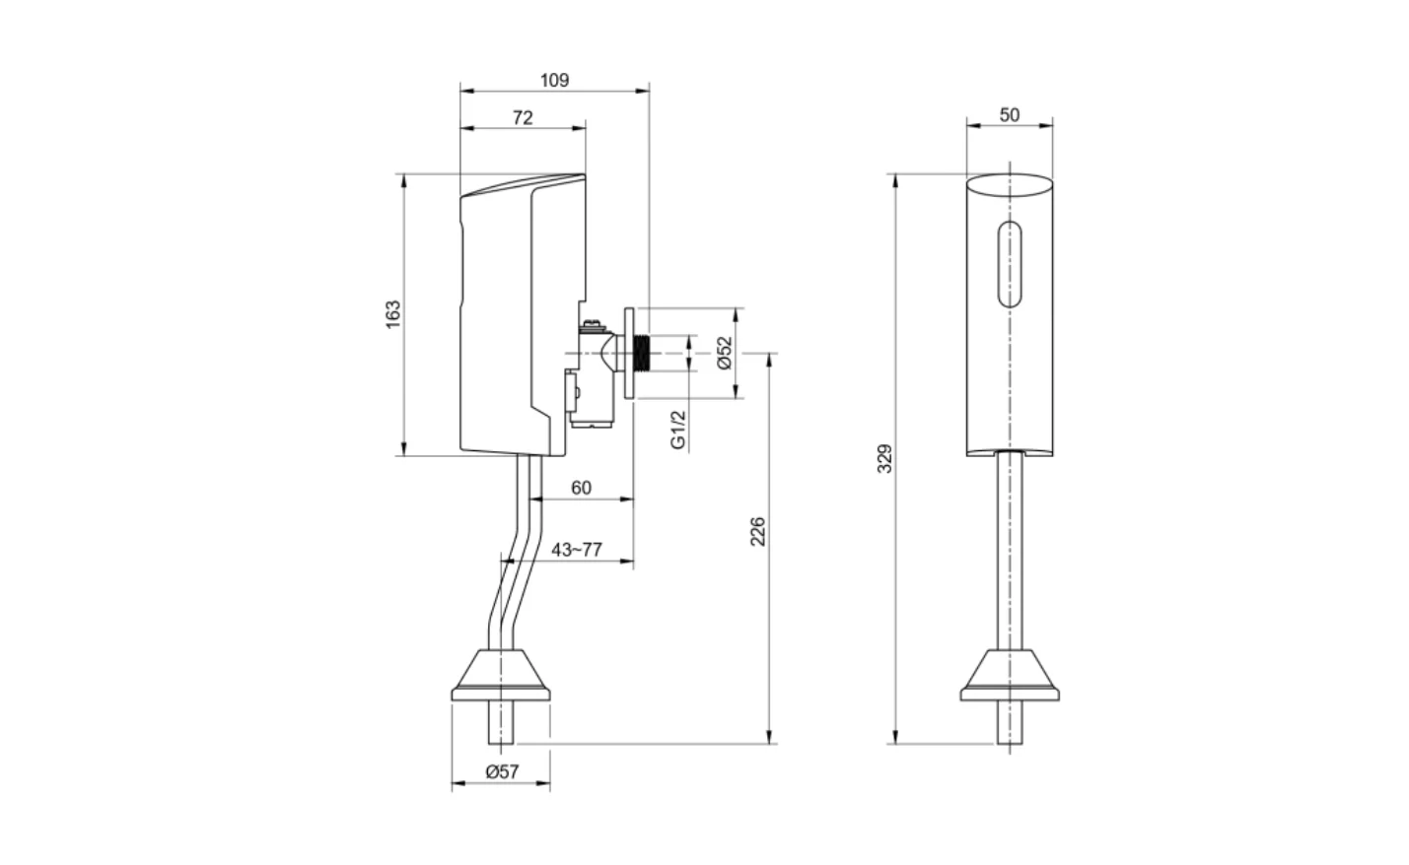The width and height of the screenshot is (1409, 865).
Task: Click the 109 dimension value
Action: [x=555, y=81]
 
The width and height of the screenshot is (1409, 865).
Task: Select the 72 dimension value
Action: [x=523, y=117]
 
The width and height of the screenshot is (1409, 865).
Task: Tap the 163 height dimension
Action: [x=393, y=313]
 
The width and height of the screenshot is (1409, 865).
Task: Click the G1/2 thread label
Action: [x=678, y=430]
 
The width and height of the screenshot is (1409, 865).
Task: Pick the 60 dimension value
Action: [x=582, y=489]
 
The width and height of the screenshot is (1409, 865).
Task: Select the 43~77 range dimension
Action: [x=576, y=550]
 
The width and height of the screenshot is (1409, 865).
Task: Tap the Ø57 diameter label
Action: [x=502, y=772]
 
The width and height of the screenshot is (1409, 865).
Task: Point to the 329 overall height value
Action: [x=884, y=459]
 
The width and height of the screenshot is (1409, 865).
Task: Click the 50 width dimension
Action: [x=1010, y=115]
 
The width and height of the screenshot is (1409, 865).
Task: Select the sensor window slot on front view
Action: [x=1010, y=266]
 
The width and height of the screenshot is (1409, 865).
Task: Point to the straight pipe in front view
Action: [x=1010, y=552]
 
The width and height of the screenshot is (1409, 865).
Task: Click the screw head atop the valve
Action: [x=592, y=324]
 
